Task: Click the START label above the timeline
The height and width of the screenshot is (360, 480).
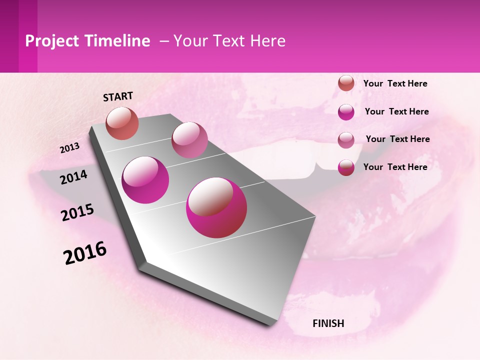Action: click(x=118, y=96)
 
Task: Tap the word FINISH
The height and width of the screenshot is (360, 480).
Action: click(x=328, y=323)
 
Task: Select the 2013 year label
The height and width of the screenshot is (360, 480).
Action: click(x=69, y=148)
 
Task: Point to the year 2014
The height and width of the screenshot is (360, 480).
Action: click(x=73, y=177)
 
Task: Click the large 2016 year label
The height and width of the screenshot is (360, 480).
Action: click(x=85, y=253)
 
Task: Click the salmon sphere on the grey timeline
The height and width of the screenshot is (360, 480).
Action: click(x=122, y=123)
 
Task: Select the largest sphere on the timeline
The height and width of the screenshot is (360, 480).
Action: click(x=216, y=207)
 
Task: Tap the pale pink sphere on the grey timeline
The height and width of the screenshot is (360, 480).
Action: click(x=189, y=139)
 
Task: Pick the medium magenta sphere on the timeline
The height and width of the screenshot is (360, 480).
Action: click(x=145, y=180)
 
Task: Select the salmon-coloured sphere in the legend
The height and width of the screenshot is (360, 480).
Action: click(x=346, y=83)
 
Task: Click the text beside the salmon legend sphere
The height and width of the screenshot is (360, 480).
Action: click(x=395, y=83)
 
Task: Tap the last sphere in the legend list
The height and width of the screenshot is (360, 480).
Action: click(x=346, y=167)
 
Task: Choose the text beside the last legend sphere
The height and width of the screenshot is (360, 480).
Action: click(x=395, y=167)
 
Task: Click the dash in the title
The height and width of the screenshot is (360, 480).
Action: click(x=164, y=41)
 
